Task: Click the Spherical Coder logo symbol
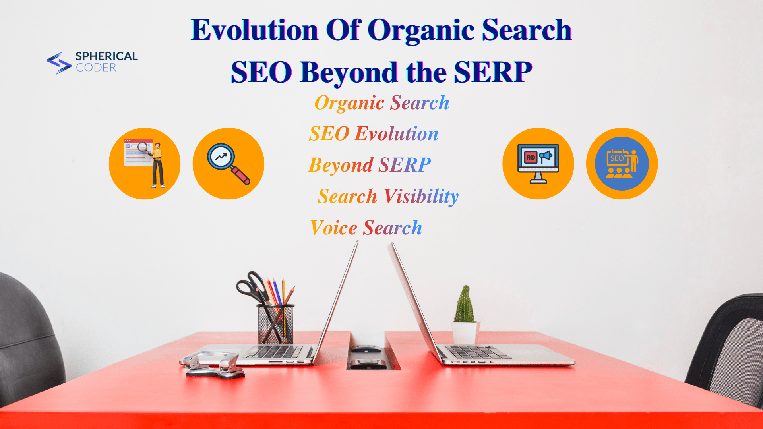click(x=59, y=63)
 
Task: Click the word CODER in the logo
click(x=96, y=68)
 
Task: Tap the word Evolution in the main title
click(x=254, y=30)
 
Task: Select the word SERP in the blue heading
click(x=493, y=72)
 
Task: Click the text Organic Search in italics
click(x=382, y=103)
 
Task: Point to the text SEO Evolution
click(x=374, y=133)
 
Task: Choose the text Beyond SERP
click(x=370, y=165)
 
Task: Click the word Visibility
click(x=421, y=196)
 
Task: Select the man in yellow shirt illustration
click(x=158, y=165)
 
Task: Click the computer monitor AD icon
click(x=538, y=163)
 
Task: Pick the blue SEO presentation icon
click(x=622, y=163)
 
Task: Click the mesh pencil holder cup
click(x=275, y=324)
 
